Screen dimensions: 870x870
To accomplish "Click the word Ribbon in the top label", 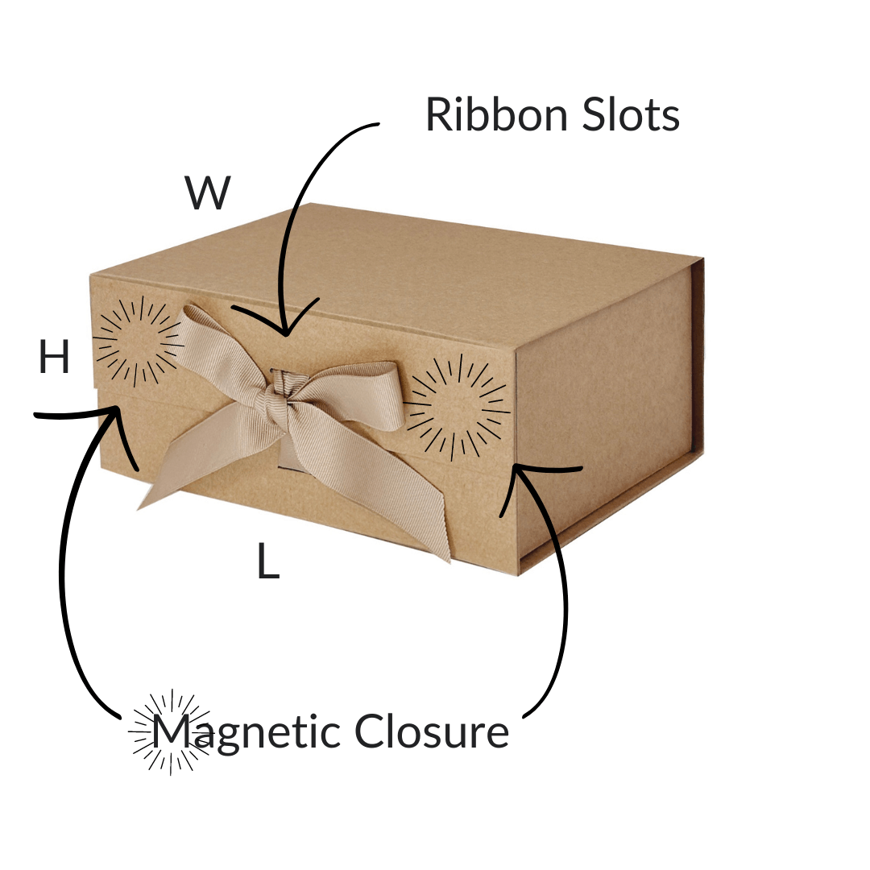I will (488, 115).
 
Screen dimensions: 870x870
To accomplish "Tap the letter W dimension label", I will (208, 194).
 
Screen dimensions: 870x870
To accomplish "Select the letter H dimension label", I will (54, 358).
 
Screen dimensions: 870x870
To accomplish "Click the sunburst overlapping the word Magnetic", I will (169, 731).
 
